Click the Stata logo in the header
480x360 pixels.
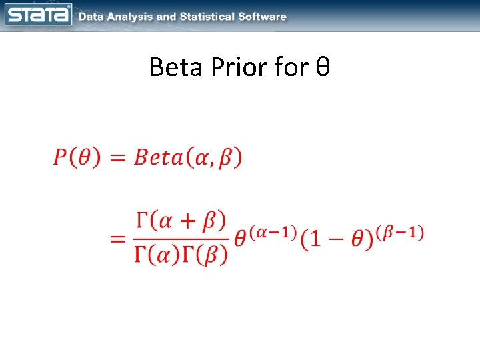(x=39, y=15)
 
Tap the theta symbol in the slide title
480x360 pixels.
(x=323, y=67)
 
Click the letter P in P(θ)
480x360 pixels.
(x=61, y=158)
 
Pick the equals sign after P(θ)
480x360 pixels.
(x=117, y=159)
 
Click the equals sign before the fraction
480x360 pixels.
(x=118, y=239)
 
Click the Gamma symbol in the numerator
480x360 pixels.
(x=141, y=221)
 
